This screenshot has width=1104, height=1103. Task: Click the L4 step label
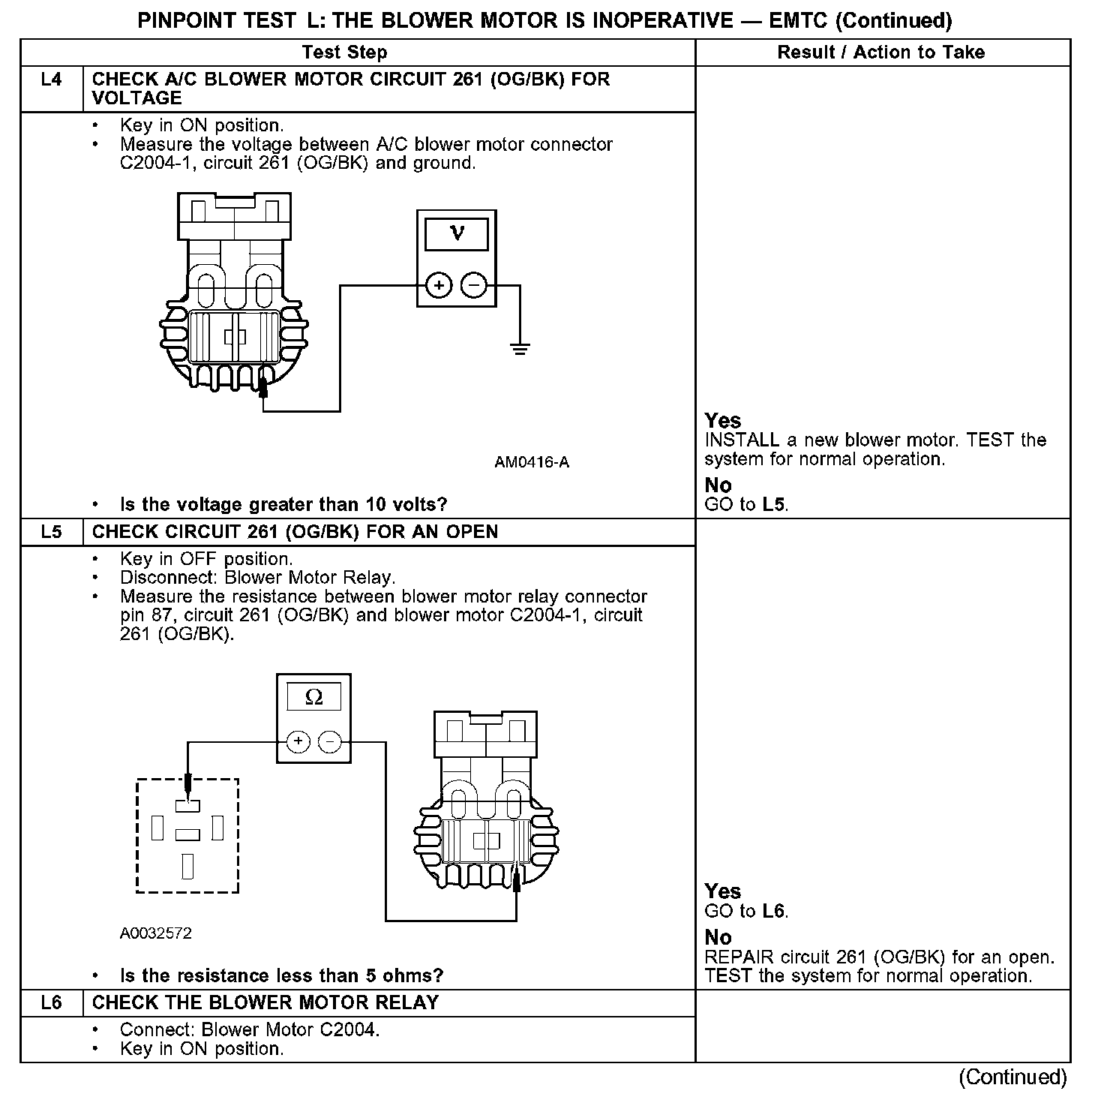click(x=51, y=80)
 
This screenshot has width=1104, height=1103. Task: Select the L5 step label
click(x=51, y=532)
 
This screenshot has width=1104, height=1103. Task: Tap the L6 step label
click(x=51, y=1003)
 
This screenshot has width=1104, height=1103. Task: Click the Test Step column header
click(x=344, y=53)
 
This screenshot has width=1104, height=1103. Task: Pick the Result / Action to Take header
click(x=881, y=53)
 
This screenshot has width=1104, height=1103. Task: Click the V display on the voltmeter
click(x=456, y=233)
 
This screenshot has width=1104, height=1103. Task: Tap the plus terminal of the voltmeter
click(x=439, y=286)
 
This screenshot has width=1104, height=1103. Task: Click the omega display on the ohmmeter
click(x=314, y=698)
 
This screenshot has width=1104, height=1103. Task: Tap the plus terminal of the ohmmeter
click(x=298, y=742)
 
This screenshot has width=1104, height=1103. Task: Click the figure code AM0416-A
click(x=531, y=462)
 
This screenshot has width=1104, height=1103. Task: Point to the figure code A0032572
click(x=155, y=933)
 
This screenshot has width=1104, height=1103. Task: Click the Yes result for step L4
click(x=723, y=421)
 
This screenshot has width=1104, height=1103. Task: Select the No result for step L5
click(x=718, y=937)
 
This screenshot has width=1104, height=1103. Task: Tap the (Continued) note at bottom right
click(x=1012, y=1077)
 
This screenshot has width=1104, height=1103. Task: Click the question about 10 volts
click(x=283, y=504)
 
